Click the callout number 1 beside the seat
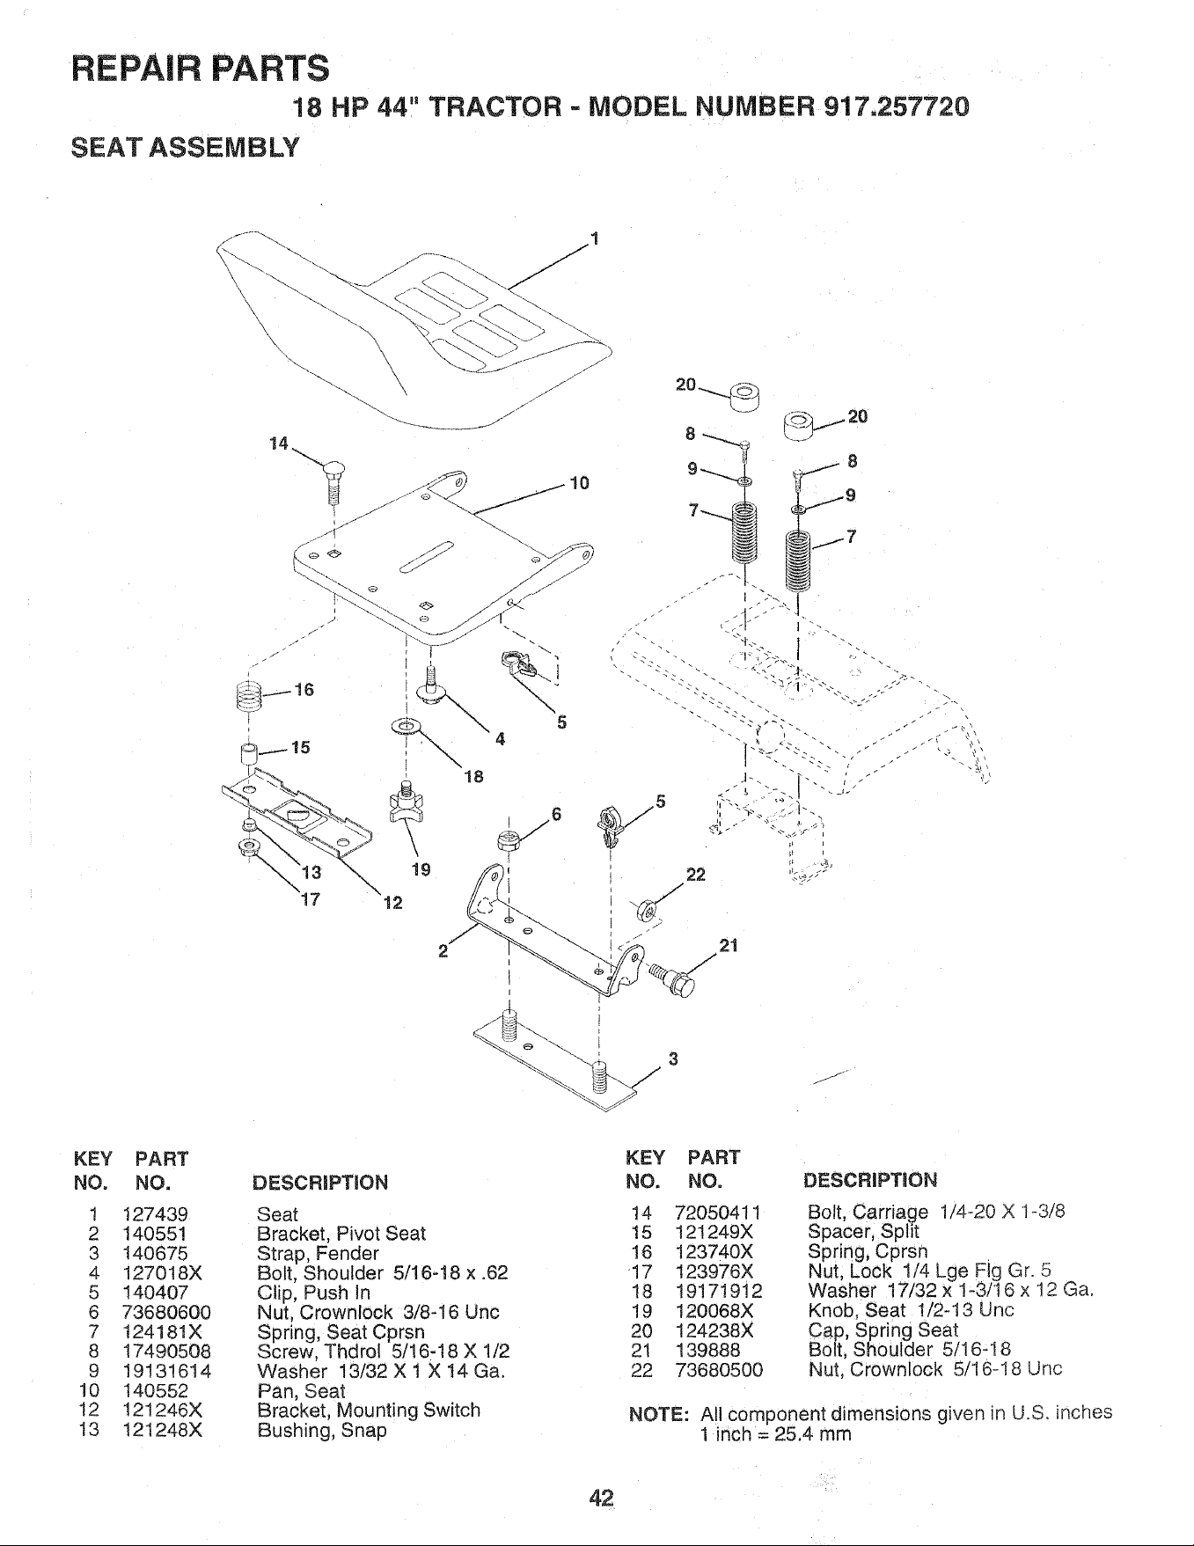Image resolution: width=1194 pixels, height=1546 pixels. (595, 238)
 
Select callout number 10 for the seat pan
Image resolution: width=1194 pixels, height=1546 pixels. (579, 483)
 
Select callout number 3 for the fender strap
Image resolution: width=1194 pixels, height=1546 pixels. (673, 1059)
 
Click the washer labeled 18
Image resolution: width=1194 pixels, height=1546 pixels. (406, 727)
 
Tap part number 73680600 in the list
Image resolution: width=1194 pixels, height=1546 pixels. (167, 1312)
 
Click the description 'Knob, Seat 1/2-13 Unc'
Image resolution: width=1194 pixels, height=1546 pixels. (911, 1310)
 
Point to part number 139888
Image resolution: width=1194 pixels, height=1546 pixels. (701, 1350)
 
